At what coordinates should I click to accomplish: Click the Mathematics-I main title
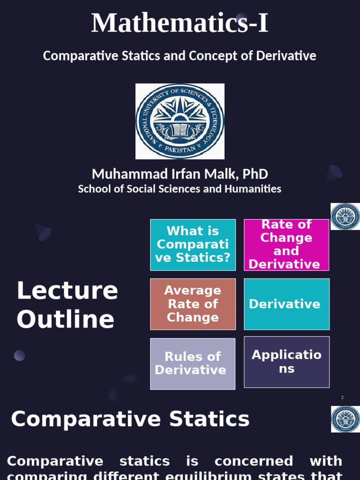180,23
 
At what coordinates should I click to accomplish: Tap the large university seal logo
180,121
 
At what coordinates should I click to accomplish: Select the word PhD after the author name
255,174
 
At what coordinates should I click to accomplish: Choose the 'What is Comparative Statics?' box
193,245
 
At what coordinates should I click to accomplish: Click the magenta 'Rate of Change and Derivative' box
286,245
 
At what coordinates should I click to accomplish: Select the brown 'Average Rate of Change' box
193,304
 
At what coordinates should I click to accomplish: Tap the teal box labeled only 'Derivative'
286,304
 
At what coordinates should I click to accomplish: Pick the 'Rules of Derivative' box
193,363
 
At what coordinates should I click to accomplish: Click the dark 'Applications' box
286,361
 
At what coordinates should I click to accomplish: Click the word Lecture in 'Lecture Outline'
67,291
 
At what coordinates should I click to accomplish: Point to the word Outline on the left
66,320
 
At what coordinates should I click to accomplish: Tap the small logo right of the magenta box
345,217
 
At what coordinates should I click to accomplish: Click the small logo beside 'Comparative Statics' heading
345,419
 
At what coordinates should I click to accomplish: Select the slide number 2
342,397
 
